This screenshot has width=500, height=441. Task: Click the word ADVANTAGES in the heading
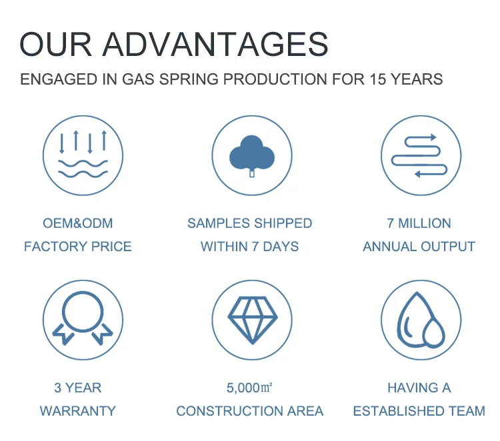coord(215,44)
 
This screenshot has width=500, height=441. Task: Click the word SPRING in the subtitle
coord(189,79)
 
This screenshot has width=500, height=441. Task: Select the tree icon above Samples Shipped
coord(252,156)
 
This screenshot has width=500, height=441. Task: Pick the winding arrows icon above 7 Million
coord(419,155)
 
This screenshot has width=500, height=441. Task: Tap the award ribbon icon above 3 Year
coord(83,318)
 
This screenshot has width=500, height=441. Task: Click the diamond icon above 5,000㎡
coord(253,320)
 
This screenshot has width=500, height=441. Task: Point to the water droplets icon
coord(421,320)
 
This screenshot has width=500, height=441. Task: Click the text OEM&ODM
coord(78,223)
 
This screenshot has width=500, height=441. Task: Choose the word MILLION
coord(425,223)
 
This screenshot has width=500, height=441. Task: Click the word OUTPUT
coord(448,246)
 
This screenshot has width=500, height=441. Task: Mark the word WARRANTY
coord(78,411)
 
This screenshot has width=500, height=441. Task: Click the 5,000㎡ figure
coord(249,388)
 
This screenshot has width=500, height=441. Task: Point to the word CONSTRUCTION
coord(230,411)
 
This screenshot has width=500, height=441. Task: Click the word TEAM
coord(467,411)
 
